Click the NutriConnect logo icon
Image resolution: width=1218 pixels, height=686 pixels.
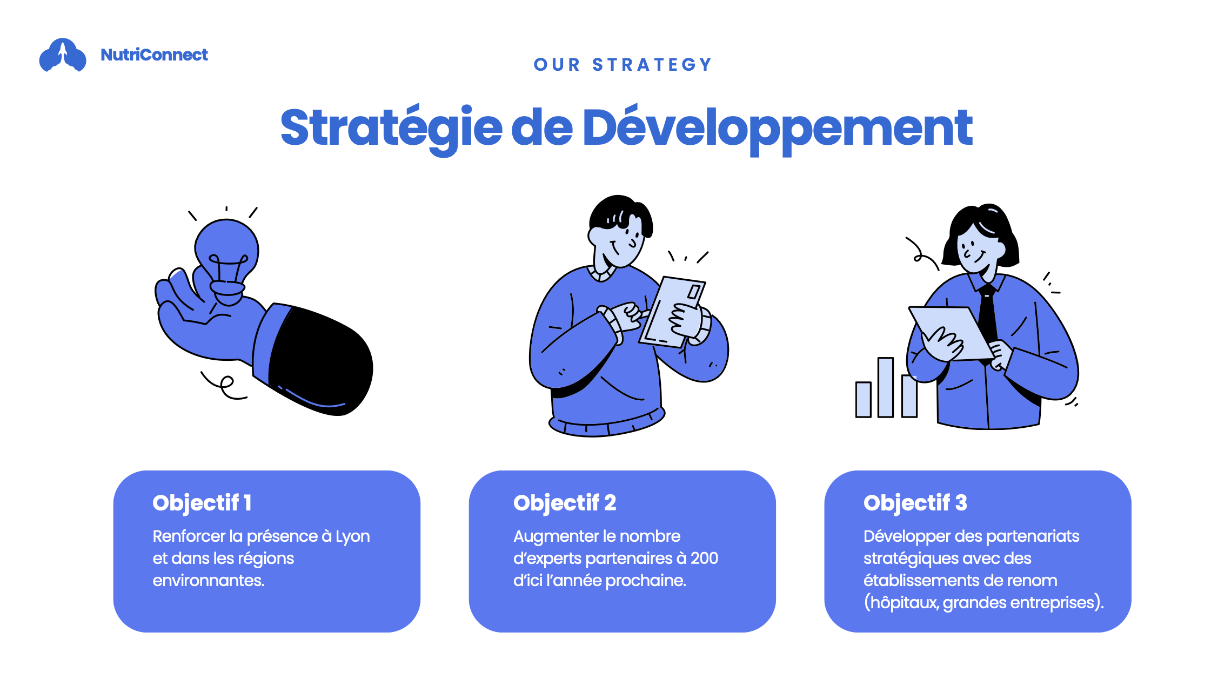coord(63,55)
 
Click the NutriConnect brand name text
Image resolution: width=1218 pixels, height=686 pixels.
coord(154,55)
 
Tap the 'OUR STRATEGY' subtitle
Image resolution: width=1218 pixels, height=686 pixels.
coord(623,65)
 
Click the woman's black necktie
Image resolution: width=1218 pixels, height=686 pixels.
coord(988,319)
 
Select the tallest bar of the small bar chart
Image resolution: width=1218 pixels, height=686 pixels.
coord(886,387)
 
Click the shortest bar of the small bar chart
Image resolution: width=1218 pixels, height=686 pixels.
coord(864,400)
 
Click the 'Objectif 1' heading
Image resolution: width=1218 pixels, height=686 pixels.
coord(202,503)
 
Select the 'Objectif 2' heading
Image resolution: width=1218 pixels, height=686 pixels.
coord(565,503)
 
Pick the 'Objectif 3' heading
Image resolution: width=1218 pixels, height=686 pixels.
coord(915,503)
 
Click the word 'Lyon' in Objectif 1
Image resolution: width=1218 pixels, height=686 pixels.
coord(353,537)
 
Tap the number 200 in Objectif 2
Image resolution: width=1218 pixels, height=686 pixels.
coord(704,558)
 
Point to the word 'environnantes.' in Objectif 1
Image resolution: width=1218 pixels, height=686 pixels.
coord(209,581)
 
